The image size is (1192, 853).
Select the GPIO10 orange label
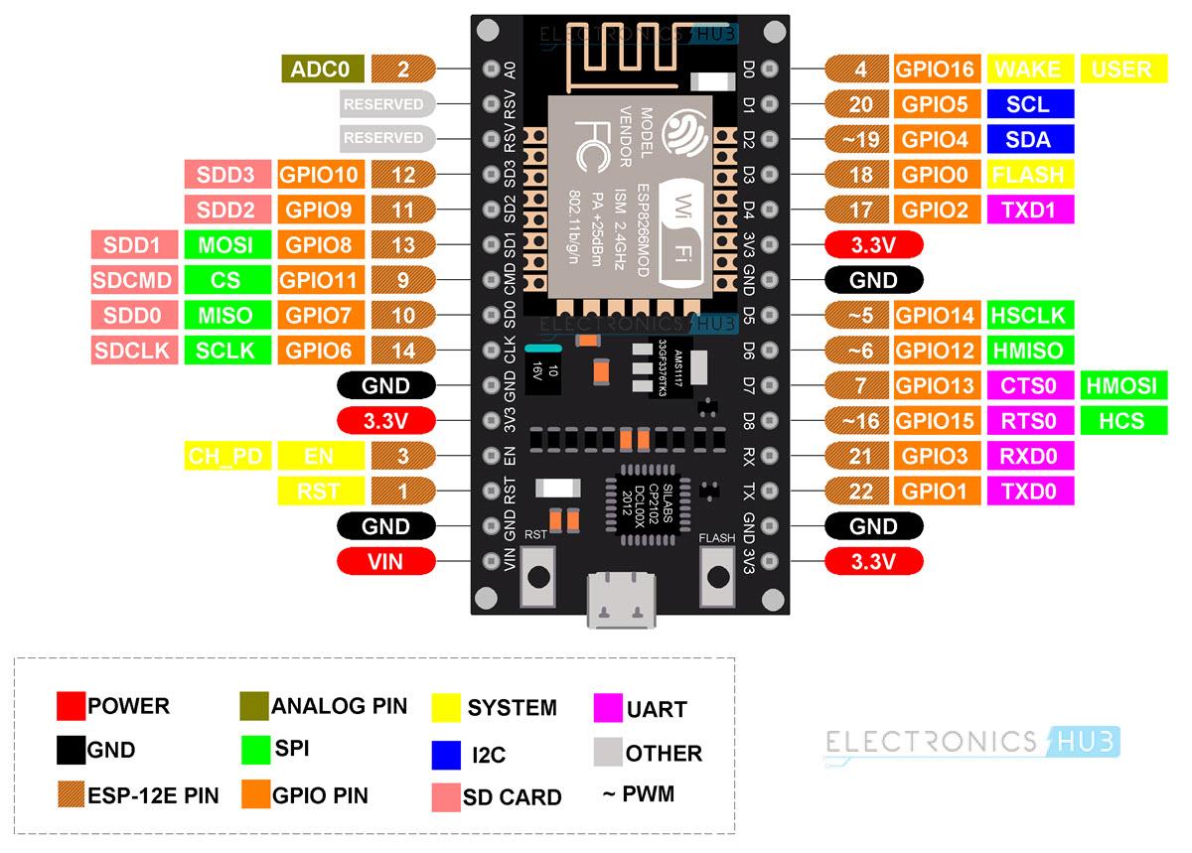320,175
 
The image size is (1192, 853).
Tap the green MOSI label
225,244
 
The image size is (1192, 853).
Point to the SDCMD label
133,280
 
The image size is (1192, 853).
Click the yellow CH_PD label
225,456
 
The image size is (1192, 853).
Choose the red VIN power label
385,561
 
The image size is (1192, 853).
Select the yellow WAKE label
1028,70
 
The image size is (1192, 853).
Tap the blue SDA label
1028,140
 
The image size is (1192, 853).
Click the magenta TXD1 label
1028,210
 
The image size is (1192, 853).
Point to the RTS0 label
1028,420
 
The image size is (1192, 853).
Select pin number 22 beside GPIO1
861,491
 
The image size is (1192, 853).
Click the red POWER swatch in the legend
71,706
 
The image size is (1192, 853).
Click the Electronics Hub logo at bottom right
971,742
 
